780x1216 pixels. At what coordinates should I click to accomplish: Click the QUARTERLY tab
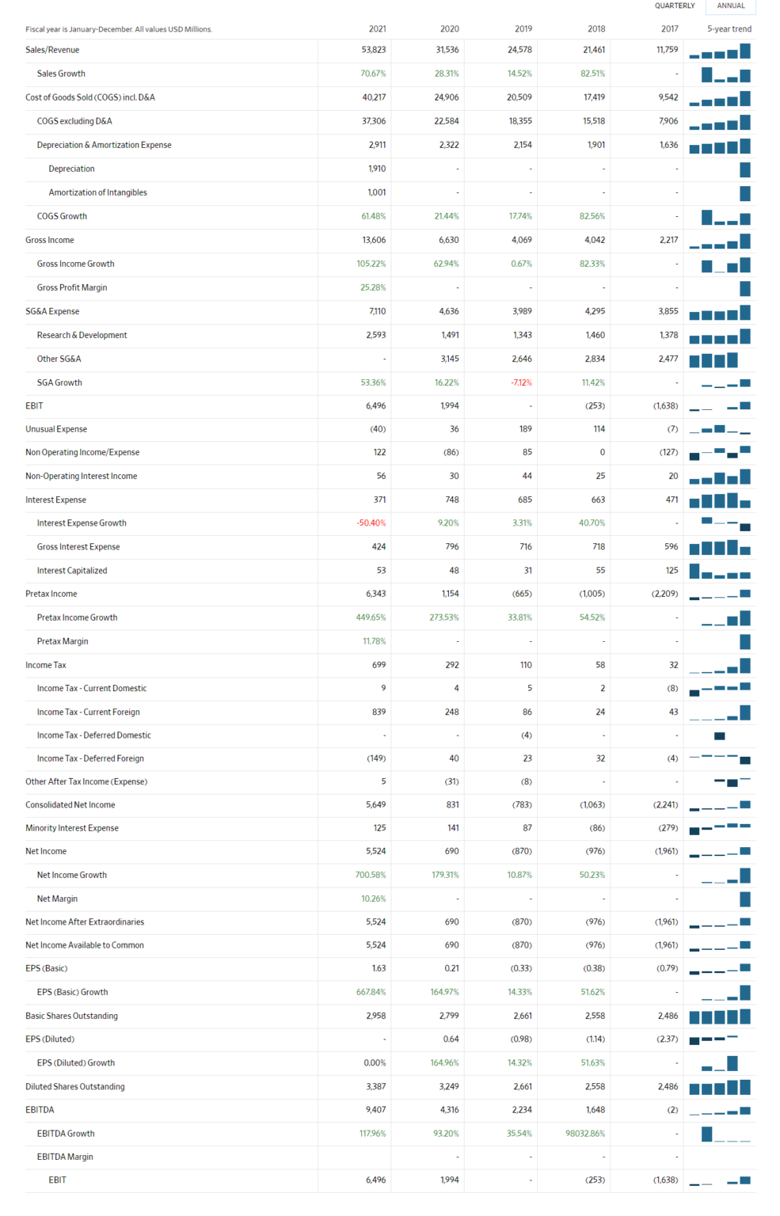pyautogui.click(x=675, y=6)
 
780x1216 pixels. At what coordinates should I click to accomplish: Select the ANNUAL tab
pyautogui.click(x=730, y=6)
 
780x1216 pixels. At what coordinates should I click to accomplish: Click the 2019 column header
pyautogui.click(x=523, y=29)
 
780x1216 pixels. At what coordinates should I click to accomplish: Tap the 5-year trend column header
pyautogui.click(x=729, y=29)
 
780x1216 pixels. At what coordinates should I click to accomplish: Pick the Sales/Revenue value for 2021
pyautogui.click(x=373, y=50)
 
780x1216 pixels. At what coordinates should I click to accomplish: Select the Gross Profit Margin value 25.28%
pyautogui.click(x=373, y=287)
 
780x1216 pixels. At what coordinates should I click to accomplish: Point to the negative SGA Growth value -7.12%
pyautogui.click(x=521, y=382)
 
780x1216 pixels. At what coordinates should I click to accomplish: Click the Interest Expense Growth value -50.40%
pyautogui.click(x=371, y=523)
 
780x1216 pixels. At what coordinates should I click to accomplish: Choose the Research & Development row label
pyautogui.click(x=82, y=335)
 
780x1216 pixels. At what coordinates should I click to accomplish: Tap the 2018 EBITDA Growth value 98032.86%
pyautogui.click(x=585, y=1134)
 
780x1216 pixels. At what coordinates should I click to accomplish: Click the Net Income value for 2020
pyautogui.click(x=451, y=851)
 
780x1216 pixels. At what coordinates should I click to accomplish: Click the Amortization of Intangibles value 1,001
pyautogui.click(x=376, y=192)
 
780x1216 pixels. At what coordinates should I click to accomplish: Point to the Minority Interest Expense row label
pyautogui.click(x=72, y=828)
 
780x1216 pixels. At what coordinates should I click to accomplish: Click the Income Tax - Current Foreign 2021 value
pyautogui.click(x=379, y=712)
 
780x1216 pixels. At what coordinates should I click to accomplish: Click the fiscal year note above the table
pyautogui.click(x=119, y=29)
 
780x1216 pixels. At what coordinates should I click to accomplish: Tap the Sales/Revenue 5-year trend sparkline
pyautogui.click(x=720, y=51)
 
